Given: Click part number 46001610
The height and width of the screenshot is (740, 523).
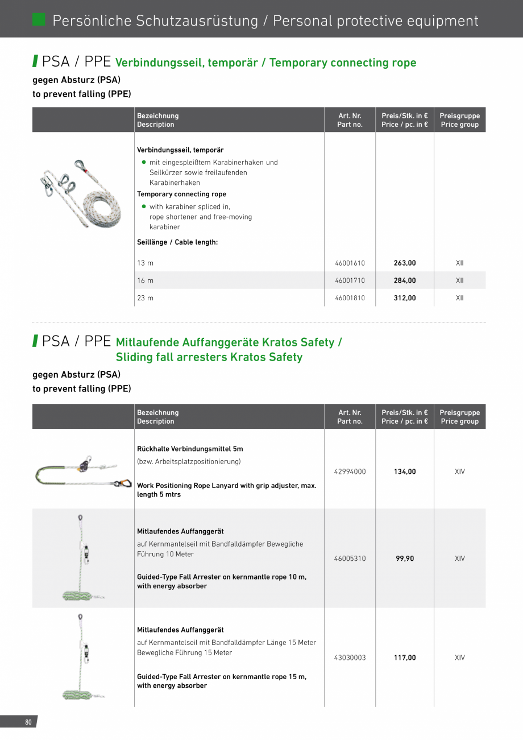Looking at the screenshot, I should click(350, 263).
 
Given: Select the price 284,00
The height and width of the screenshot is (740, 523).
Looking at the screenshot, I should click(405, 280).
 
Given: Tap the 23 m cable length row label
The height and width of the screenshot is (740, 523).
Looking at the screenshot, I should click(146, 298).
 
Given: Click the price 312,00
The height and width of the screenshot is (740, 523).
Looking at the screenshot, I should click(405, 298).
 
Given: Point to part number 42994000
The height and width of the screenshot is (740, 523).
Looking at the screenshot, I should click(350, 472).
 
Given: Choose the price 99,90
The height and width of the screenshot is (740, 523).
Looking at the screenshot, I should click(405, 559).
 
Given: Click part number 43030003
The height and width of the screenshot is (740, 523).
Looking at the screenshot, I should click(350, 658).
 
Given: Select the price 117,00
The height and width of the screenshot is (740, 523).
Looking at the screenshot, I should click(405, 658).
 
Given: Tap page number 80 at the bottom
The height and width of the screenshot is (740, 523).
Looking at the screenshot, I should click(28, 722).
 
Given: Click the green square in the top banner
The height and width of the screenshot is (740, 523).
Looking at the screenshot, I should click(39, 19).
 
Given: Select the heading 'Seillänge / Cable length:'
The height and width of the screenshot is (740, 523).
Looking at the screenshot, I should click(177, 242).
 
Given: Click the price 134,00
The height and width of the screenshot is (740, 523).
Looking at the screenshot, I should click(405, 472).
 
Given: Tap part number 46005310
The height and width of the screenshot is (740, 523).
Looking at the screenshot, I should click(350, 559).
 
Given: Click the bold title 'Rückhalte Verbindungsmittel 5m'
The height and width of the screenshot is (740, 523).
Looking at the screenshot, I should click(190, 449).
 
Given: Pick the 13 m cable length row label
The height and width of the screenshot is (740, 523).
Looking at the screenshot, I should click(146, 263).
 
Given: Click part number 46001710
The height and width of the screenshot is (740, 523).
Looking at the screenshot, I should click(350, 280).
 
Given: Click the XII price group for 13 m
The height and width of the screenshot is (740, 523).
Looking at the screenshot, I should click(460, 263).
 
